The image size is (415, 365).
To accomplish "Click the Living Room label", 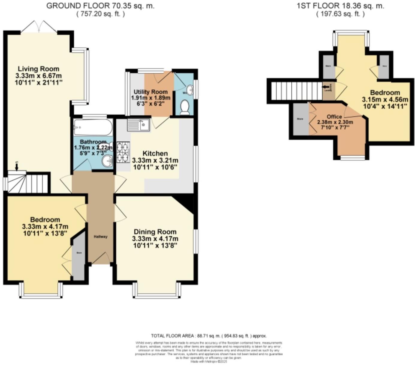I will [x=38, y=69].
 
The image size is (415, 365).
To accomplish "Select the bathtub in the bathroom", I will [x=93, y=128].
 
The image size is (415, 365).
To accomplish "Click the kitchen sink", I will [x=139, y=125].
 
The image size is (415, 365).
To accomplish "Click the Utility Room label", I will [x=151, y=92].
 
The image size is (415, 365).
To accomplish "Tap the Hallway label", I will [x=100, y=237].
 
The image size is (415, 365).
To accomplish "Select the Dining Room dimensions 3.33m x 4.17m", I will [x=155, y=239].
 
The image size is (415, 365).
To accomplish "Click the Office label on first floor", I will [x=334, y=116].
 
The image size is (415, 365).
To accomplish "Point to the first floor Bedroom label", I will [x=385, y=93].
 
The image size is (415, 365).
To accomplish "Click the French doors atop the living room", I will [x=39, y=27].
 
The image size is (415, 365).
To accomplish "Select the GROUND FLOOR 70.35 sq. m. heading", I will [x=100, y=6].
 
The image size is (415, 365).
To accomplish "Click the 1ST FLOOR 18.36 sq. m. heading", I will [x=340, y=6].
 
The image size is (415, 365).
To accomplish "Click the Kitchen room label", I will [x=155, y=153].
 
